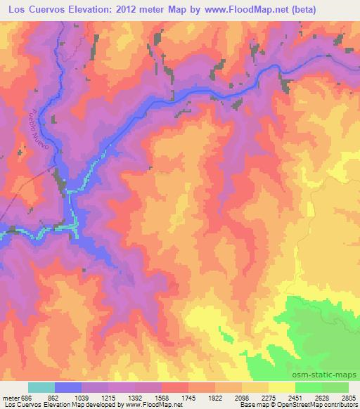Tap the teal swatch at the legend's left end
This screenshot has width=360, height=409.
click(41, 388)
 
